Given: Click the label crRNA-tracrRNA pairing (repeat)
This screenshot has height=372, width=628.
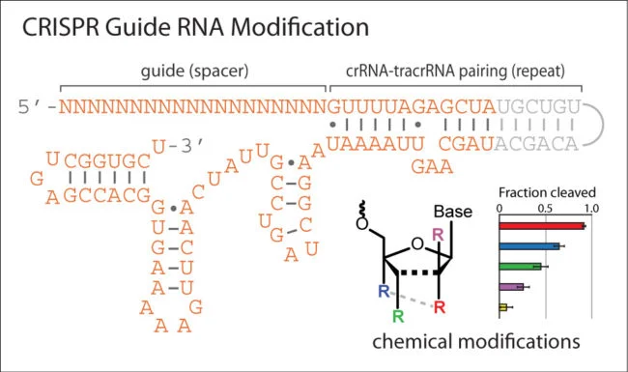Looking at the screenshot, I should point(456,71).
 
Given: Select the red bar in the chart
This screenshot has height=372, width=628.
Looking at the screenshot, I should point(542,226).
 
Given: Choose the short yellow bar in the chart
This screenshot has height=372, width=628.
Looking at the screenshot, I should point(503,307).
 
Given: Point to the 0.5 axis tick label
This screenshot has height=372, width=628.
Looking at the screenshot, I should point(546,207).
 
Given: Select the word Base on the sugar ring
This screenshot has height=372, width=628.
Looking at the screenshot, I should point(451,212).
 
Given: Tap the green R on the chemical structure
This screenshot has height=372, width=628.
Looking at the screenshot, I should point(395,315).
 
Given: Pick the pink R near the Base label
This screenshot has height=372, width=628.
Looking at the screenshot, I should point(439,234).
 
